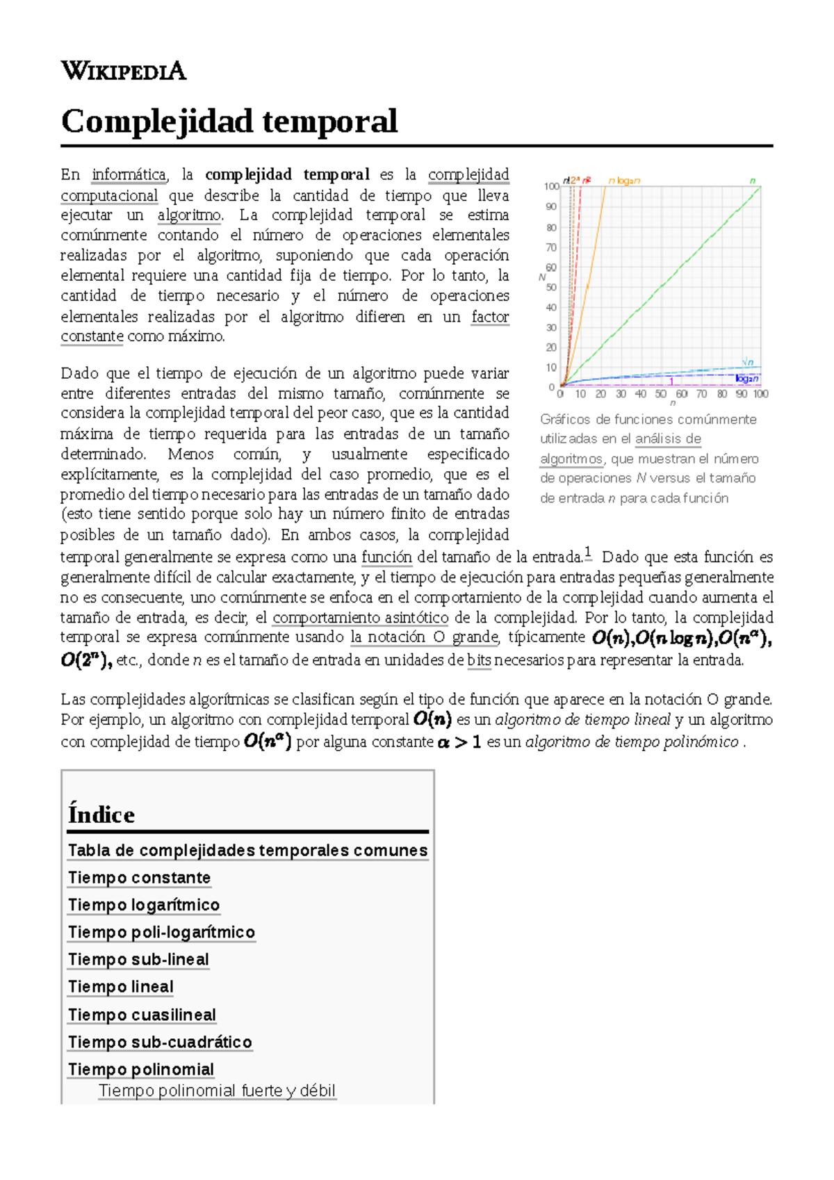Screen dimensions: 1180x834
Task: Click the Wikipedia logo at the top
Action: coord(124,71)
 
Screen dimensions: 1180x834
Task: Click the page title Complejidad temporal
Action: coord(229,121)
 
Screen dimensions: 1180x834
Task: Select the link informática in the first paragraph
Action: coord(129,174)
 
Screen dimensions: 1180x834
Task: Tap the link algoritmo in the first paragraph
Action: coord(189,215)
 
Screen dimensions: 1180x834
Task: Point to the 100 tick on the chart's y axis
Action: coord(551,186)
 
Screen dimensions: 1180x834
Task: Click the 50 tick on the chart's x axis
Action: coord(660,394)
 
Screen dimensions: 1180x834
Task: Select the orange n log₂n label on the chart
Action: coord(624,181)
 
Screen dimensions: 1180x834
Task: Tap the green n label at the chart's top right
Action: coord(752,181)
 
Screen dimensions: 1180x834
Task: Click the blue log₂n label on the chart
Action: coord(746,379)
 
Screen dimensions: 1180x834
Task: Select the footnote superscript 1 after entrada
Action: coord(588,553)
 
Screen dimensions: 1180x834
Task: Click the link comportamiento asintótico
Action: coord(360,617)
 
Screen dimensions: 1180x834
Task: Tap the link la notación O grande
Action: coord(425,637)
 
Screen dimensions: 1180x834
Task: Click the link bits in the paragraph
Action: coord(479,660)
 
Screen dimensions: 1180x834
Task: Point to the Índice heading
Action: coord(101,814)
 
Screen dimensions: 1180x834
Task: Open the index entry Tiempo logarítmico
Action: coord(144,905)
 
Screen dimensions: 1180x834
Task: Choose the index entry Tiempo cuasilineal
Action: coord(142,1015)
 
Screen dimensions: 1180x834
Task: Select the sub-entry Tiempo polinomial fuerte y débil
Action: coord(217,1090)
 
